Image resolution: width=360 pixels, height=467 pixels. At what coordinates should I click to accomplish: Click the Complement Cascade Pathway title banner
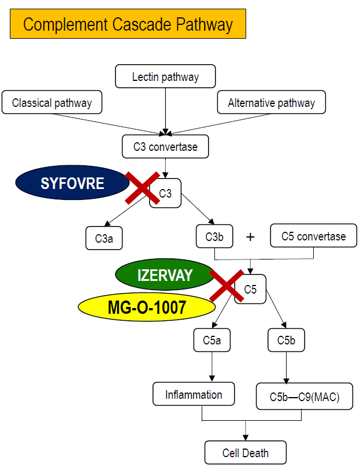pyautogui.click(x=128, y=24)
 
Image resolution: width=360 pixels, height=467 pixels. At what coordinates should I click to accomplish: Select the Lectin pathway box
pyautogui.click(x=165, y=77)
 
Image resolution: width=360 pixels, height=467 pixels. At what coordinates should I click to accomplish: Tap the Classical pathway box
pyautogui.click(x=52, y=103)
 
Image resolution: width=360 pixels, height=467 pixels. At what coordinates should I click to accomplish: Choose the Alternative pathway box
pyautogui.click(x=272, y=103)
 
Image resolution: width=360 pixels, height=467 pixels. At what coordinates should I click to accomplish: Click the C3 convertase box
pyautogui.click(x=165, y=147)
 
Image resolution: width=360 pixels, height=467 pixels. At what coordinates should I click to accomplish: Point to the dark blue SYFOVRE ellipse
pyautogui.click(x=72, y=184)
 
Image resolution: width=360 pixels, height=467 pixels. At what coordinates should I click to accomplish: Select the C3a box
pyautogui.click(x=104, y=238)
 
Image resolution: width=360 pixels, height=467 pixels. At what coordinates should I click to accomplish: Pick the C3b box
pyautogui.click(x=215, y=237)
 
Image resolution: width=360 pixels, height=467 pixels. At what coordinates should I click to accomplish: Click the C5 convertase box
pyautogui.click(x=313, y=236)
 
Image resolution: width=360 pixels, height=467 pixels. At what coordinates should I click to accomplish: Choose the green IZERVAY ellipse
pyautogui.click(x=165, y=275)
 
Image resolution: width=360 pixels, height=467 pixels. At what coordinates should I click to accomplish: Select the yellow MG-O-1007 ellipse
pyautogui.click(x=147, y=307)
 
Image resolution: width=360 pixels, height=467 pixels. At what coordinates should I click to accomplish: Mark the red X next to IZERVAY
pyautogui.click(x=226, y=285)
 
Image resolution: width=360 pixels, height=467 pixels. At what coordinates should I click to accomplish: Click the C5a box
pyautogui.click(x=212, y=340)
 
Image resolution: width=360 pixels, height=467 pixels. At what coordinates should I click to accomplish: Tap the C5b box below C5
pyautogui.click(x=287, y=340)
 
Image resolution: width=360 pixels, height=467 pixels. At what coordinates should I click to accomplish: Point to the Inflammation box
pyautogui.click(x=194, y=395)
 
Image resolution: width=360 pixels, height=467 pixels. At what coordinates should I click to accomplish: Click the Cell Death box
pyautogui.click(x=246, y=453)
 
